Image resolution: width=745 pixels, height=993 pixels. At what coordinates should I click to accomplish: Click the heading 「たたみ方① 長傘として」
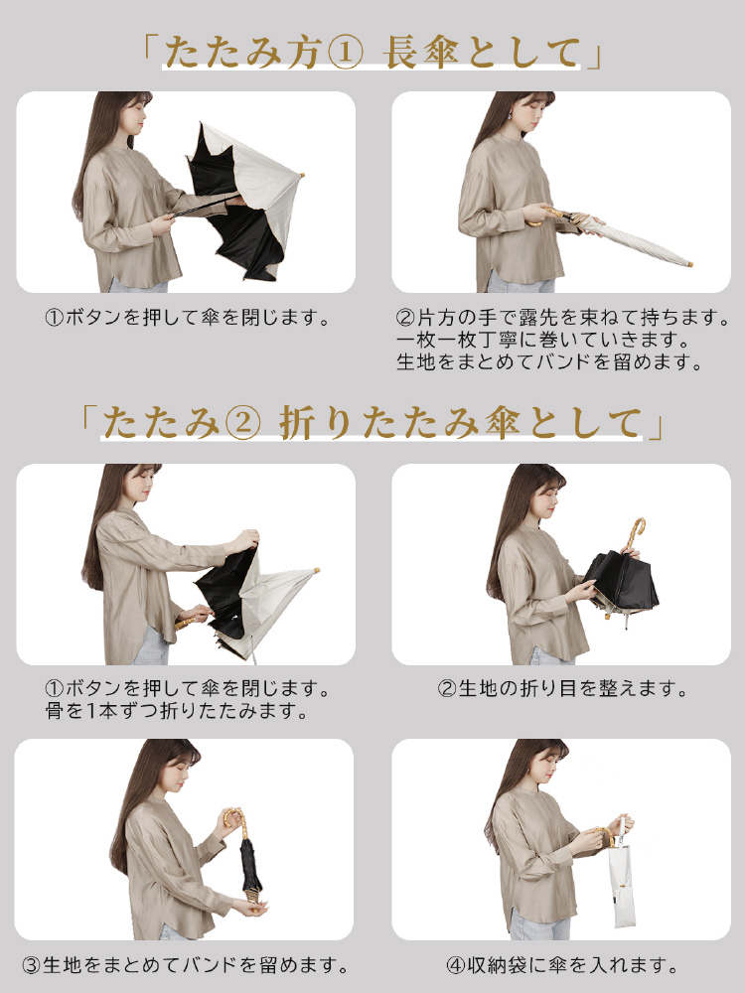point(372,53)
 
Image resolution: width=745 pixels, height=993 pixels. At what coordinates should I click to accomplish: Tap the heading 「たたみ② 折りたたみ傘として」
point(372,422)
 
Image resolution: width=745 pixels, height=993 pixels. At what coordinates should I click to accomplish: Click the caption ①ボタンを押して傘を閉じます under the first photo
point(188,317)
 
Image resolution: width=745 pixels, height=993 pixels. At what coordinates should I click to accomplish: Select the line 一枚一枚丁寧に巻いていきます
point(543,340)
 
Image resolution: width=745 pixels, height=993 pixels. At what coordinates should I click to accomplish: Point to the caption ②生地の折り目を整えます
point(562,688)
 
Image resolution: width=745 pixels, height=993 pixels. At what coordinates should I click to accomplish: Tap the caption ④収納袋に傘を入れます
point(562,966)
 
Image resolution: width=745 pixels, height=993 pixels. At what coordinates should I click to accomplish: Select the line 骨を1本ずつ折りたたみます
point(176,711)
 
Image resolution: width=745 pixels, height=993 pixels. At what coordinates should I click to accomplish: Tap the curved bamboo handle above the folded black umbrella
point(634,537)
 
